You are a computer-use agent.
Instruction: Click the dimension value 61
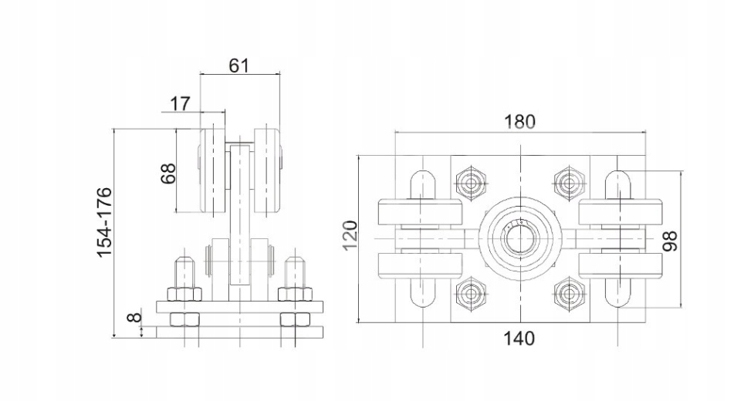coord(239,65)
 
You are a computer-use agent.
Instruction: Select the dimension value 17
coord(179,103)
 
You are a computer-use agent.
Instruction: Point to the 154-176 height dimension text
coord(105,221)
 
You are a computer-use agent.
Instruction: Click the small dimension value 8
coord(134,317)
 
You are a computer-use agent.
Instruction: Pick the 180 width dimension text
coord(519,122)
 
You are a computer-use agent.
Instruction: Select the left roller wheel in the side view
coord(212,172)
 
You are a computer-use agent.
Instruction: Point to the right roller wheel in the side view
coord(268,172)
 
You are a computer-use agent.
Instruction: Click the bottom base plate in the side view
coord(239,332)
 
